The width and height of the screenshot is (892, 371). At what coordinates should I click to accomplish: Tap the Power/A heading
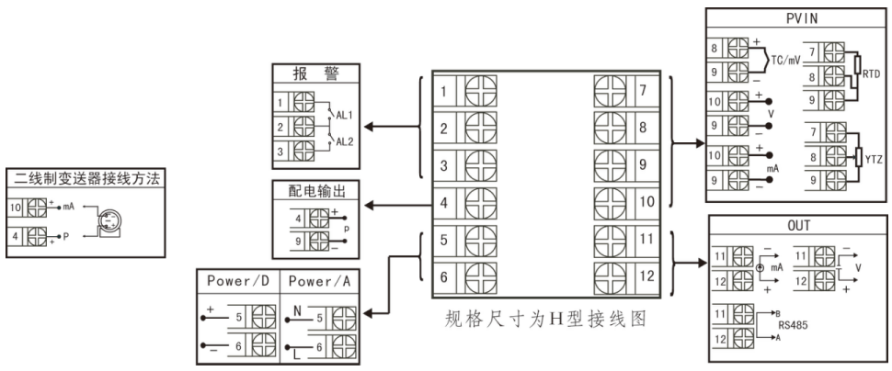(318, 280)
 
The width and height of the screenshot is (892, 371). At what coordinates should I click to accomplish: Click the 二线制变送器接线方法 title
(84, 179)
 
